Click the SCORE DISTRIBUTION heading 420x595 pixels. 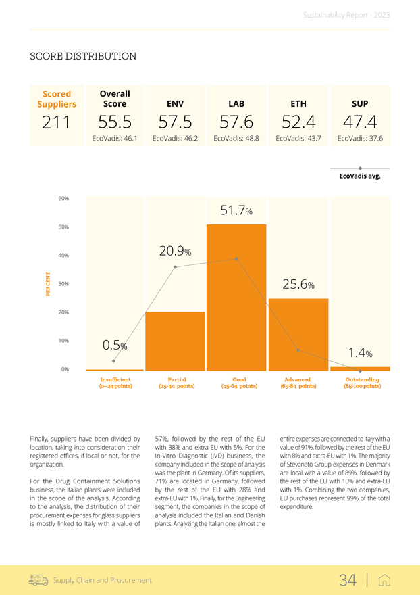(83, 56)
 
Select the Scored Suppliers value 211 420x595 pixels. (57, 122)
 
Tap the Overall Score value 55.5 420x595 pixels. (115, 122)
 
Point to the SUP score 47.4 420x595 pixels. (359, 122)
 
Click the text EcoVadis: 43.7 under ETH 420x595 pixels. (298, 139)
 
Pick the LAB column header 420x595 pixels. (236, 103)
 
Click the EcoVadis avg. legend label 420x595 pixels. (360, 176)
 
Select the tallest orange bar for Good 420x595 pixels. (236, 297)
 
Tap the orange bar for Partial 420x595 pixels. (175, 341)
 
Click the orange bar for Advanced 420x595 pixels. (298, 335)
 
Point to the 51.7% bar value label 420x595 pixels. (236, 211)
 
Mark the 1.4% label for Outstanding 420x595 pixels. (361, 353)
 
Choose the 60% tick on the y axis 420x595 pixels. (63, 199)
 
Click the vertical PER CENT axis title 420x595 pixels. (49, 283)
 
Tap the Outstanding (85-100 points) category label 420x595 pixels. (362, 383)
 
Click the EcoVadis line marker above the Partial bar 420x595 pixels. (175, 267)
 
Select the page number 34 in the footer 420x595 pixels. (348, 579)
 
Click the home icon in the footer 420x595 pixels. (384, 580)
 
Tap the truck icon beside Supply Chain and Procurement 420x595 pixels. (39, 580)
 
